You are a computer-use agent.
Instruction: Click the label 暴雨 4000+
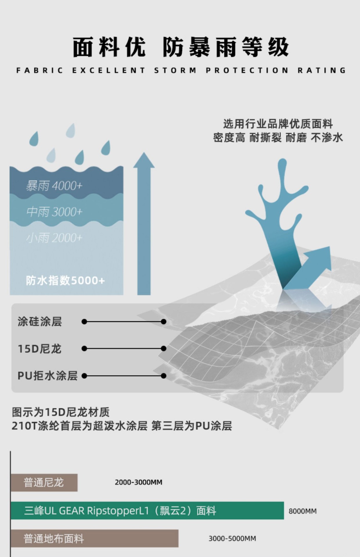coord(54,186)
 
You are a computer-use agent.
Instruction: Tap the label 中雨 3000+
coord(54,212)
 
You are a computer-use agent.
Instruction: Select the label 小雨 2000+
coord(54,238)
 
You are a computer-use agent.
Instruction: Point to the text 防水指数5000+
coord(65,281)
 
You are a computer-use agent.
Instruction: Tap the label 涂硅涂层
coord(40,321)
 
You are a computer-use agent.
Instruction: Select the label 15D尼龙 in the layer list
coord(40,348)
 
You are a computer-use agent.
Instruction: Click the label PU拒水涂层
coord(48,376)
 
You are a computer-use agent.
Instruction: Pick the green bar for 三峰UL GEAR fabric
coord(147,511)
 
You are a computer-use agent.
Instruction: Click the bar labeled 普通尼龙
coord(44,483)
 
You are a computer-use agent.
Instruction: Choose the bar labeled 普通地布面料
coord(94,538)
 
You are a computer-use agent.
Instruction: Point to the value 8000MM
coord(303,511)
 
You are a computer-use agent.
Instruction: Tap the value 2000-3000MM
coord(138,482)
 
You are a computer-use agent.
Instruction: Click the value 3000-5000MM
coord(232,539)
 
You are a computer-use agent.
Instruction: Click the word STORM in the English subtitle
coord(175,70)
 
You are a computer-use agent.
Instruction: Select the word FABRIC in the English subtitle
coord(40,70)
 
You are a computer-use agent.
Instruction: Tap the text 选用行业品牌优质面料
coord(278,124)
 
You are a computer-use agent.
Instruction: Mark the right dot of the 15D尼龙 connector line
coord(163,348)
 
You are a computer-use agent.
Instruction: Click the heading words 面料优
coord(109,47)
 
